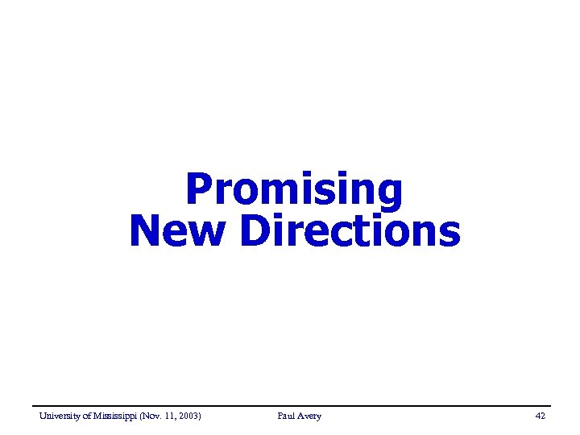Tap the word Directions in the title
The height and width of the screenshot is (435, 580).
(x=350, y=230)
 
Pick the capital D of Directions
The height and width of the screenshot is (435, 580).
(x=255, y=230)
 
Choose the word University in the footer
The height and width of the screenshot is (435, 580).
(x=60, y=416)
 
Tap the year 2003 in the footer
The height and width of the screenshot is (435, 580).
(x=190, y=416)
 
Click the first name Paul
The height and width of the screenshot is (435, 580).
(x=286, y=416)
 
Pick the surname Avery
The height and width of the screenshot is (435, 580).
(x=310, y=416)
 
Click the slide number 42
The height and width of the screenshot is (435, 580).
(x=540, y=416)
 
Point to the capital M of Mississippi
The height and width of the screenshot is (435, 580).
(x=98, y=416)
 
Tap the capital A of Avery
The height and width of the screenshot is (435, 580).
(x=300, y=416)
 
